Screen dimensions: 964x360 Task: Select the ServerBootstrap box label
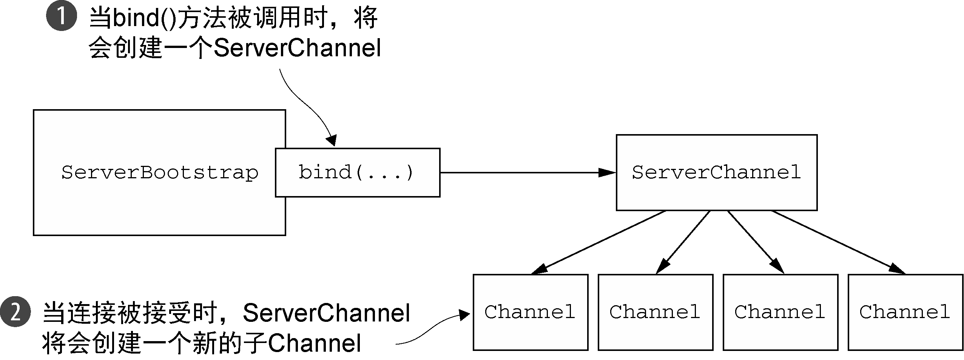[160, 173]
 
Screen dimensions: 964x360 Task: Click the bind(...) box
[358, 173]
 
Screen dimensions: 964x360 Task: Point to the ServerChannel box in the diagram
[717, 173]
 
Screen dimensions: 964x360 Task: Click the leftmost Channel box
[531, 312]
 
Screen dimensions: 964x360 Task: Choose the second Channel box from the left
[656, 312]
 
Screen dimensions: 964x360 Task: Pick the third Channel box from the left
[780, 312]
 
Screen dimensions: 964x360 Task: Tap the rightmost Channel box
[905, 312]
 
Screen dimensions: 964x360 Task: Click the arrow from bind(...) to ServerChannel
[528, 173]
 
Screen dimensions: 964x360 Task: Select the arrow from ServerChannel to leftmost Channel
[598, 242]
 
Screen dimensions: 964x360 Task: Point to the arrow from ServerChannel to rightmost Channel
[839, 242]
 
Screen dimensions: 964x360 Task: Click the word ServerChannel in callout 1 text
[298, 48]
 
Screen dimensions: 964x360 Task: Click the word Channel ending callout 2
[315, 343]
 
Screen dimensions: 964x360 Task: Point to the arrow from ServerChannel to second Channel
[683, 242]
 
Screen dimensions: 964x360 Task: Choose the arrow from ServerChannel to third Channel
[756, 242]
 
